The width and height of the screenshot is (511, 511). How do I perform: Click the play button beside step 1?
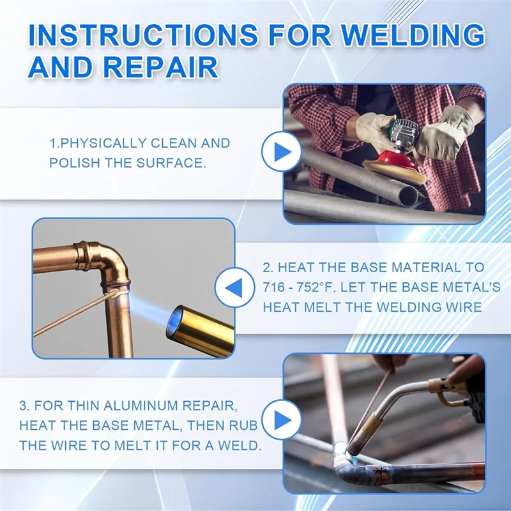pos(282,152)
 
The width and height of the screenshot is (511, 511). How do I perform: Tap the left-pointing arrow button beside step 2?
pos(234,289)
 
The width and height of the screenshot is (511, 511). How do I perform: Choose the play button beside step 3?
pos(282,420)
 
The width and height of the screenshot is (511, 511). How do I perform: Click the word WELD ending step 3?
pos(239,445)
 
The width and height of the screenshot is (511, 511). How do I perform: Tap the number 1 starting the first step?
pos(52,144)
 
